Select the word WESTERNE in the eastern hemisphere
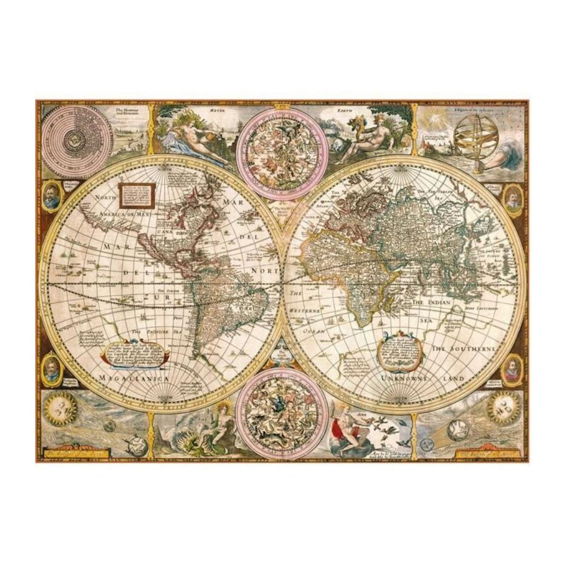[305, 311]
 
